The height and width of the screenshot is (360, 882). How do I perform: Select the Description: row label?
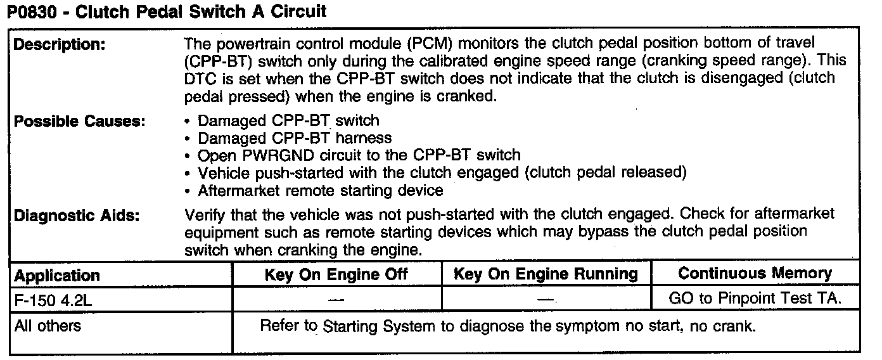tap(60, 45)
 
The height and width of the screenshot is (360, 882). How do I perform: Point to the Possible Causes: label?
tap(80, 122)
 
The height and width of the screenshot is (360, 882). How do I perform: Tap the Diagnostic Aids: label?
tap(77, 215)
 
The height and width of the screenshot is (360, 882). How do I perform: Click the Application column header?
tap(57, 276)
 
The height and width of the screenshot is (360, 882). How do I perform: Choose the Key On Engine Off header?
tap(336, 274)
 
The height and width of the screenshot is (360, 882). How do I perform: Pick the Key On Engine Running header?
tap(546, 274)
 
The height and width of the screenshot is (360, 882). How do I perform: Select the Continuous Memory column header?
tap(755, 274)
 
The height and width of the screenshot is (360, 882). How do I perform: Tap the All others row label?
tap(48, 326)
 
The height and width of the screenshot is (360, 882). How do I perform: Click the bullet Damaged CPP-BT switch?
tap(288, 120)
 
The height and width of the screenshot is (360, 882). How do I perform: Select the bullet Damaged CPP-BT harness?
tap(295, 138)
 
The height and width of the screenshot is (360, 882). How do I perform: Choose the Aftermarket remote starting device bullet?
tap(320, 190)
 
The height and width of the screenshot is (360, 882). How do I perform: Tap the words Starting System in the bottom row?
tap(379, 327)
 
